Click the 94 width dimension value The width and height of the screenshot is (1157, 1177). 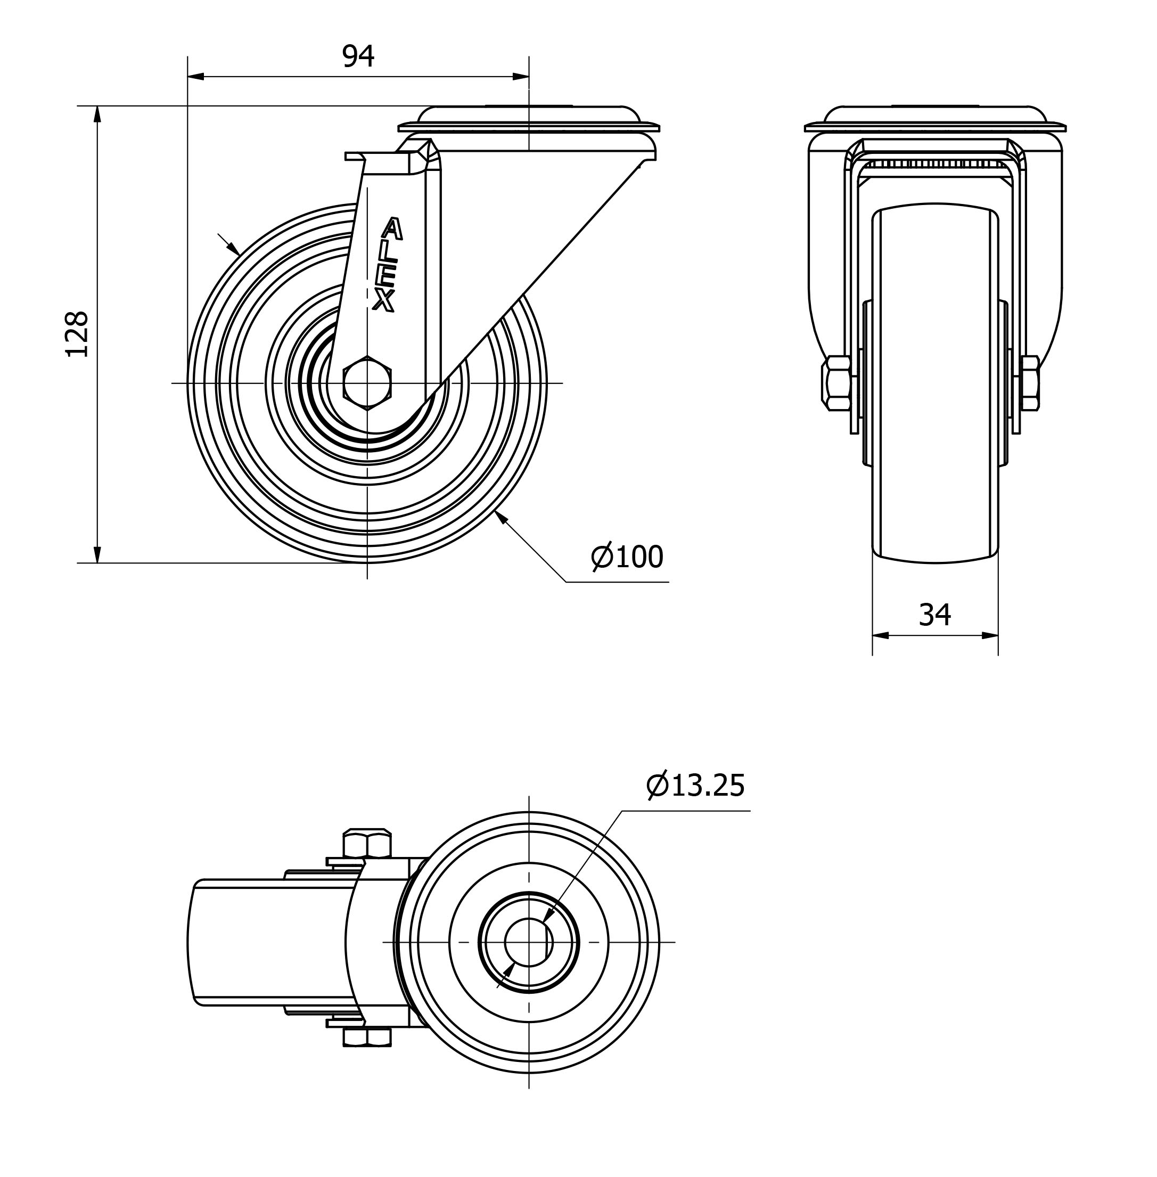pyautogui.click(x=358, y=56)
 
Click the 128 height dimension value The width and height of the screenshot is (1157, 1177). pyautogui.click(x=78, y=334)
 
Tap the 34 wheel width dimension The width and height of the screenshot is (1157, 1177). pyautogui.click(x=934, y=615)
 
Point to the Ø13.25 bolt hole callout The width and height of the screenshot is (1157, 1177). pyautogui.click(x=696, y=786)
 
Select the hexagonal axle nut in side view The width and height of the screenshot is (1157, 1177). pyautogui.click(x=367, y=383)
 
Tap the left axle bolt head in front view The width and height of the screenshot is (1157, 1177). pyautogui.click(x=835, y=383)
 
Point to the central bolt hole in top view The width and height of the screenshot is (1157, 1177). pyautogui.click(x=529, y=942)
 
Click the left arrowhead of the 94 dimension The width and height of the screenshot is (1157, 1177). pyautogui.click(x=195, y=77)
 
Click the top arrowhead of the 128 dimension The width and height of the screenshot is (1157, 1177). pyautogui.click(x=97, y=115)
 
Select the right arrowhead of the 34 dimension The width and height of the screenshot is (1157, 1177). pyautogui.click(x=990, y=635)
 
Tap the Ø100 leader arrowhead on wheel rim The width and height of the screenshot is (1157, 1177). pyautogui.click(x=500, y=517)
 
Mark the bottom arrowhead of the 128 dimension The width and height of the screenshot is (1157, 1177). pyautogui.click(x=97, y=554)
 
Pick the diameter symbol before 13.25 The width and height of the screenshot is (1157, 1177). pyautogui.click(x=658, y=786)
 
